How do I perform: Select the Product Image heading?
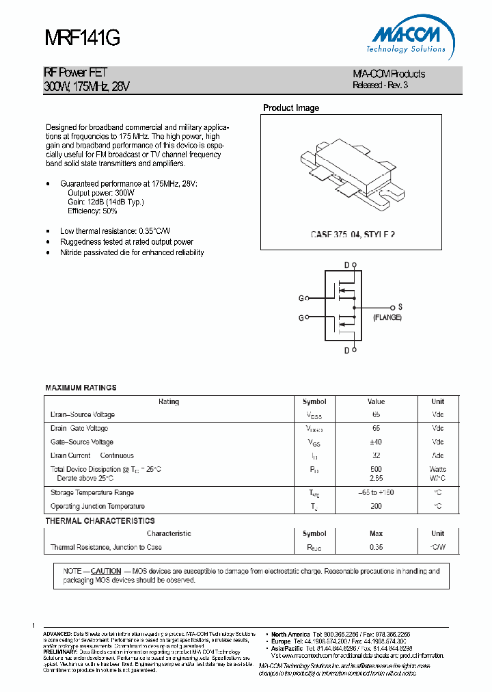(291, 108)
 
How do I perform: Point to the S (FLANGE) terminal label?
(387, 312)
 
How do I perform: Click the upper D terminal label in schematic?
(346, 265)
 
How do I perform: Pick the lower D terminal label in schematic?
(346, 350)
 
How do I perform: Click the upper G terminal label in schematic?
(301, 298)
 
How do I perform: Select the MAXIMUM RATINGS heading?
(81, 388)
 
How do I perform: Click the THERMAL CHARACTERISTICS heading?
(100, 520)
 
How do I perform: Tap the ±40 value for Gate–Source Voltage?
(376, 442)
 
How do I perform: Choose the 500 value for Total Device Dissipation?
(376, 469)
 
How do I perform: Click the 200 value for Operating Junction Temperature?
(376, 506)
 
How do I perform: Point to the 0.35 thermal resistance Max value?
(376, 547)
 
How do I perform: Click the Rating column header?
(169, 401)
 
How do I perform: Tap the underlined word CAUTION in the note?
(106, 571)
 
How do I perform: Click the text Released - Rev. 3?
(380, 85)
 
